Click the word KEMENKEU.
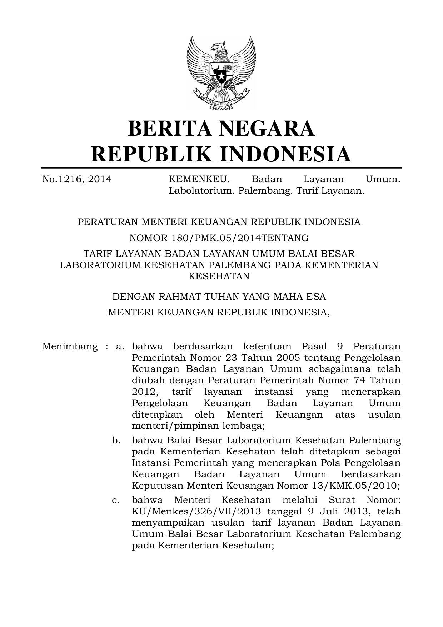pos(199,179)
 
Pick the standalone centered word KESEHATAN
pos(219,277)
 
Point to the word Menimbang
pos(70,346)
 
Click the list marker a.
pos(120,346)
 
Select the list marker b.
pos(116,441)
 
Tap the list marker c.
pos(116,500)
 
